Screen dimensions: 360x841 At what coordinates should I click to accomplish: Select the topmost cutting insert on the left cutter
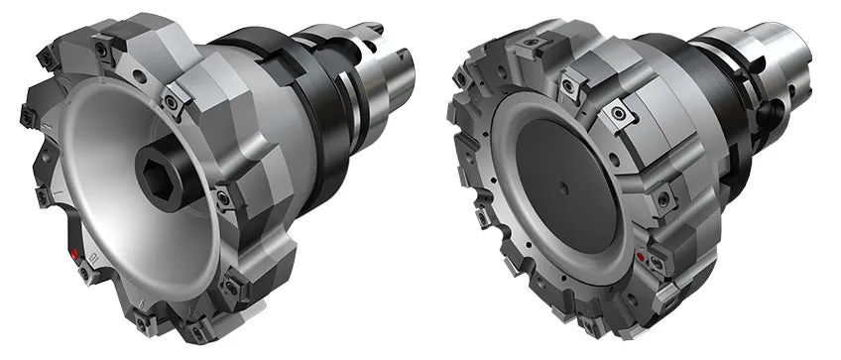click(103, 47)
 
